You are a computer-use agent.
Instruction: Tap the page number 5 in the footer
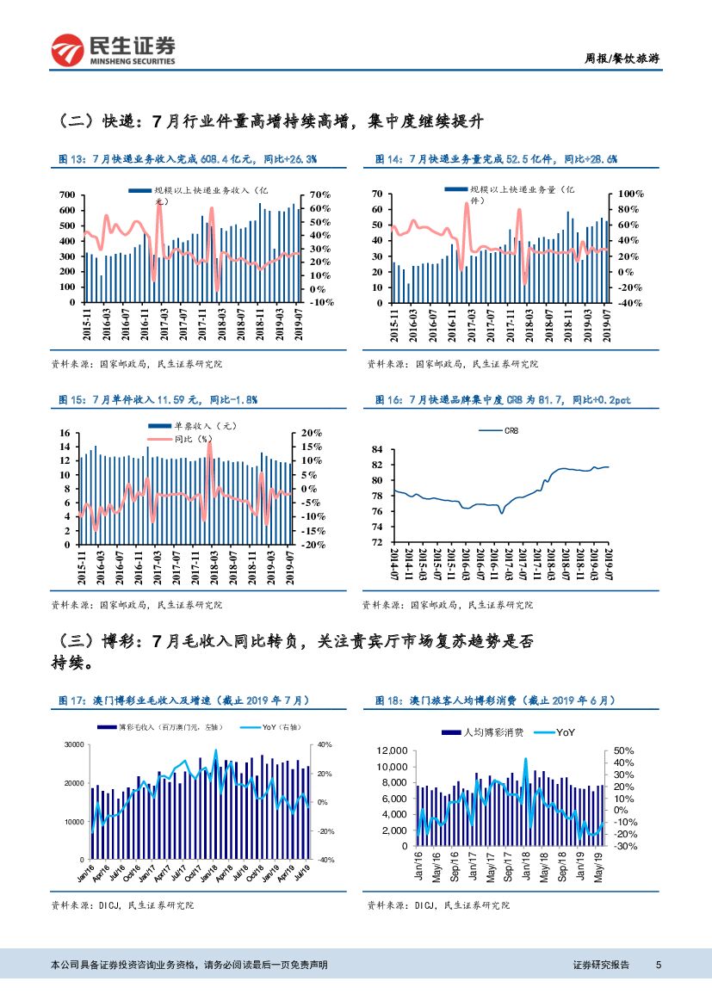coord(658,965)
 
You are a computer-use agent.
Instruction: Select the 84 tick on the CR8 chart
coord(376,449)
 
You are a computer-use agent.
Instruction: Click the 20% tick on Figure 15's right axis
coord(310,433)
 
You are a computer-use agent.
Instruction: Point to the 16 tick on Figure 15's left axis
coord(64,433)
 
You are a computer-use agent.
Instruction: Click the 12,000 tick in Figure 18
coord(393,751)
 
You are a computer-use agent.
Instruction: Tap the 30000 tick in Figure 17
coord(72,744)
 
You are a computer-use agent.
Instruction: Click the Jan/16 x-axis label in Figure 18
coord(419,864)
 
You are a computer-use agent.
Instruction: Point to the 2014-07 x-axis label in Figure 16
coord(395,565)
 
